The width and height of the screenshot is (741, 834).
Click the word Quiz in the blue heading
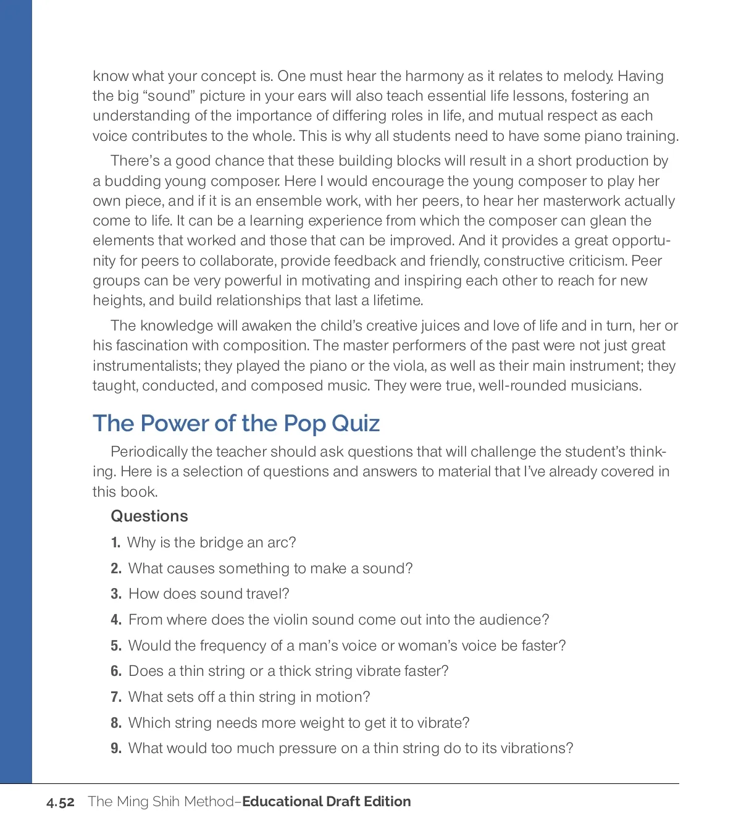tap(356, 424)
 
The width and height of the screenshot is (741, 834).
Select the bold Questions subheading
tap(149, 516)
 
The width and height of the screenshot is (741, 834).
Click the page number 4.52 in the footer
tap(61, 802)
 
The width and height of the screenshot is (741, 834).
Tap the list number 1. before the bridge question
tap(115, 543)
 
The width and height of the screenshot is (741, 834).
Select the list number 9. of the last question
tap(116, 749)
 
